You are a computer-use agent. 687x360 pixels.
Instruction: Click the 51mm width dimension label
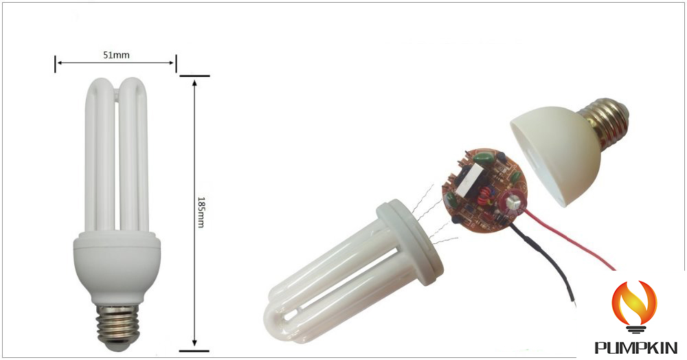(115, 55)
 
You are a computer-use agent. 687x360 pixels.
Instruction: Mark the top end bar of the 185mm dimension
(195, 76)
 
